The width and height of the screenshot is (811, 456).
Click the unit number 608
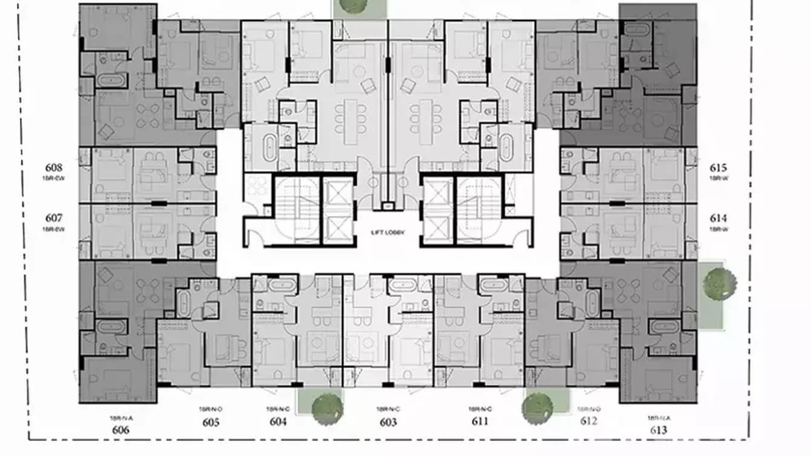point(54,168)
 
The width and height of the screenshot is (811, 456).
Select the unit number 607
point(54,218)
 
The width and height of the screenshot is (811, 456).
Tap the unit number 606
point(120,430)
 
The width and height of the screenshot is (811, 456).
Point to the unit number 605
point(210,422)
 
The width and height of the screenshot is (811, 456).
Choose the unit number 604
point(278,422)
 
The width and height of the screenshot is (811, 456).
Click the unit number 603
point(388,422)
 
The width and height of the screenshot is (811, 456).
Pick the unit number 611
point(479,421)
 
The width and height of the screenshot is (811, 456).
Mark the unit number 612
point(588,421)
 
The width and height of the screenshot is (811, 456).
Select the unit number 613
point(658,430)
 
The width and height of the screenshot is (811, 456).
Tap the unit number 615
point(719,168)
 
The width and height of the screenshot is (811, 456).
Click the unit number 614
point(719,218)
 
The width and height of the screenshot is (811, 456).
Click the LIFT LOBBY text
point(387,232)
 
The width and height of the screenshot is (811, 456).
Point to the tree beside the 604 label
point(327,409)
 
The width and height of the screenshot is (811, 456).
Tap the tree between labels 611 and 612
point(537,408)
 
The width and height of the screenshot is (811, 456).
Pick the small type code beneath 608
point(54,179)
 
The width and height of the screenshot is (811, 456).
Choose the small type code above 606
point(120,418)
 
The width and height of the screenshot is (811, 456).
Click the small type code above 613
point(658,418)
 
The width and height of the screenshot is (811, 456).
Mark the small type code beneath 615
point(719,179)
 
